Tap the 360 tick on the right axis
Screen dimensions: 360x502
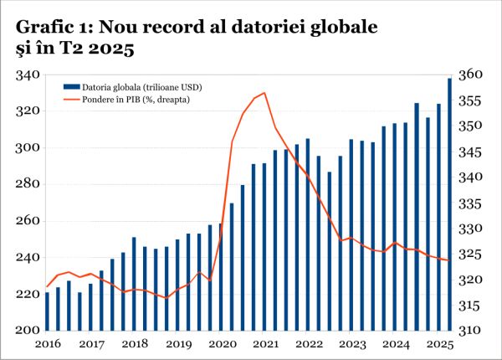[x=474, y=75]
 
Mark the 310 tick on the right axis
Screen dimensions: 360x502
[x=474, y=330]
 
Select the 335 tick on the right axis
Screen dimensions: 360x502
[x=474, y=203]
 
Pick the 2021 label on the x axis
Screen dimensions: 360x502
[x=265, y=344]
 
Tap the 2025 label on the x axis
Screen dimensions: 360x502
[x=439, y=344]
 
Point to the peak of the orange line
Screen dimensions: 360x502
[x=264, y=93]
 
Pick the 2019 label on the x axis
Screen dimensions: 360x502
[x=177, y=344]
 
